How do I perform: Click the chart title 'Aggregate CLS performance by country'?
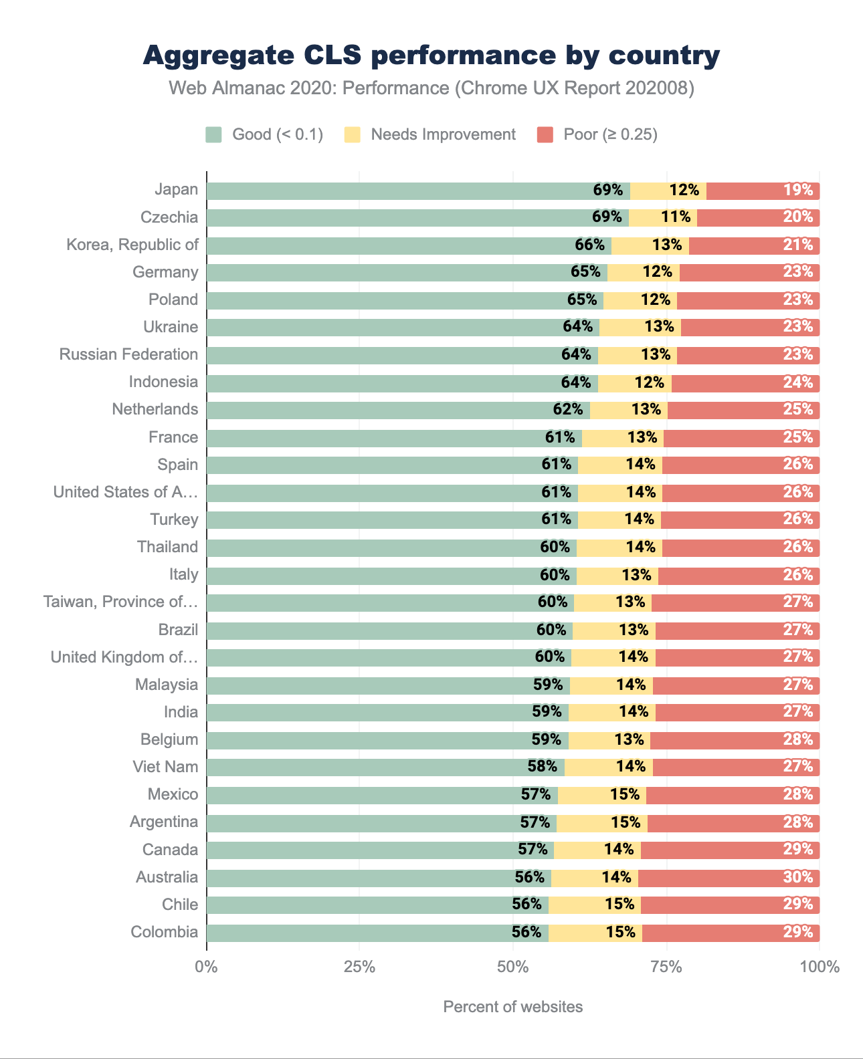pos(431,55)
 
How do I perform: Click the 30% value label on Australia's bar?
pos(797,877)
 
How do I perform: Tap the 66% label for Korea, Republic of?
pos(589,245)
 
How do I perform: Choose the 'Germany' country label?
pos(165,272)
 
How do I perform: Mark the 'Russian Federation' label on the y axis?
pos(128,354)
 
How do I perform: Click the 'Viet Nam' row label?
pos(165,767)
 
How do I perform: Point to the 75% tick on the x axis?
pos(666,967)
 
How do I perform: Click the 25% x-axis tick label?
pos(359,967)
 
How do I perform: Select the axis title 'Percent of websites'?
pos(512,1007)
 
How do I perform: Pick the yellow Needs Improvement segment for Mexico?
pos(602,795)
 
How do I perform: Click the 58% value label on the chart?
pos(542,767)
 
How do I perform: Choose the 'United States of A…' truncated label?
pos(126,492)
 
